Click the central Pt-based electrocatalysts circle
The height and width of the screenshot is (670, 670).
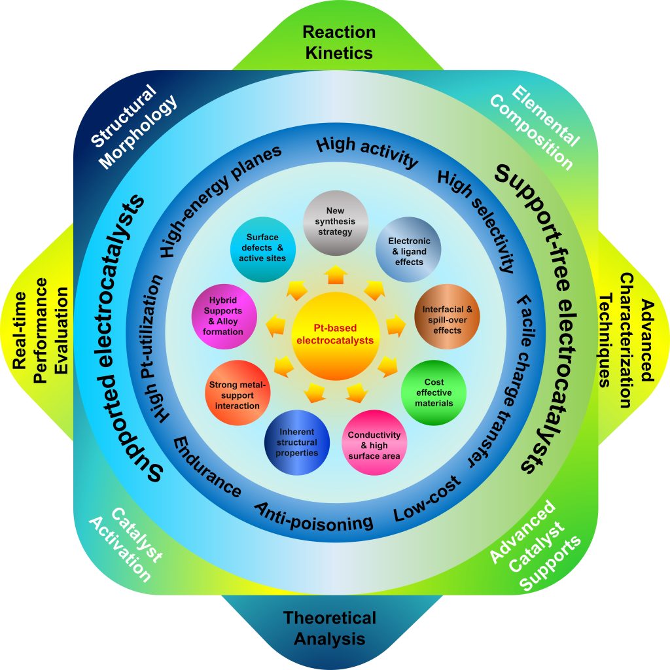coord(334,335)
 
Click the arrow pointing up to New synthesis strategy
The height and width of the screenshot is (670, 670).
coord(336,275)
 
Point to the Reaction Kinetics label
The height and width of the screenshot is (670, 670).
coord(339,42)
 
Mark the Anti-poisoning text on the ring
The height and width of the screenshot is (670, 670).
coord(314,516)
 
